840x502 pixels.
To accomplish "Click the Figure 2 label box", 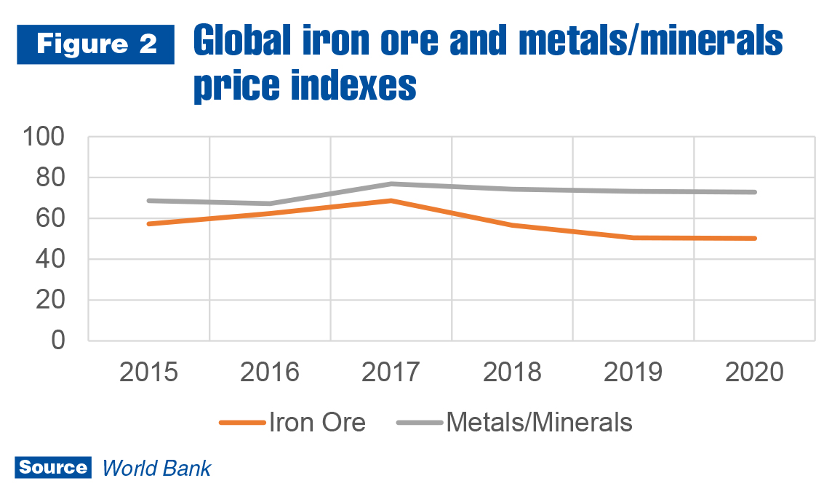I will tap(95, 44).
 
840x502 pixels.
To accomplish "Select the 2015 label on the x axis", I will tap(148, 372).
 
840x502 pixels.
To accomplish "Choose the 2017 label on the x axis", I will tap(391, 372).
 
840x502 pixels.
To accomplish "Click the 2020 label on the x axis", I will tap(754, 372).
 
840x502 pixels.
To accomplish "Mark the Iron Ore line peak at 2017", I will tap(391, 200).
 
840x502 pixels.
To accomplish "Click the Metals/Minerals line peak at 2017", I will tap(391, 183).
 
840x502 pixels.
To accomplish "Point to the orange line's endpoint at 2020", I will tap(755, 238).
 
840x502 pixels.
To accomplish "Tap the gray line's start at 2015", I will tap(148, 200).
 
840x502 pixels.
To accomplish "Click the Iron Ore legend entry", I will tap(291, 422).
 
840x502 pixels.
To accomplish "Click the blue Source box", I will tap(53, 467).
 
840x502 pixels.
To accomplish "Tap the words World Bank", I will tap(156, 468).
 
